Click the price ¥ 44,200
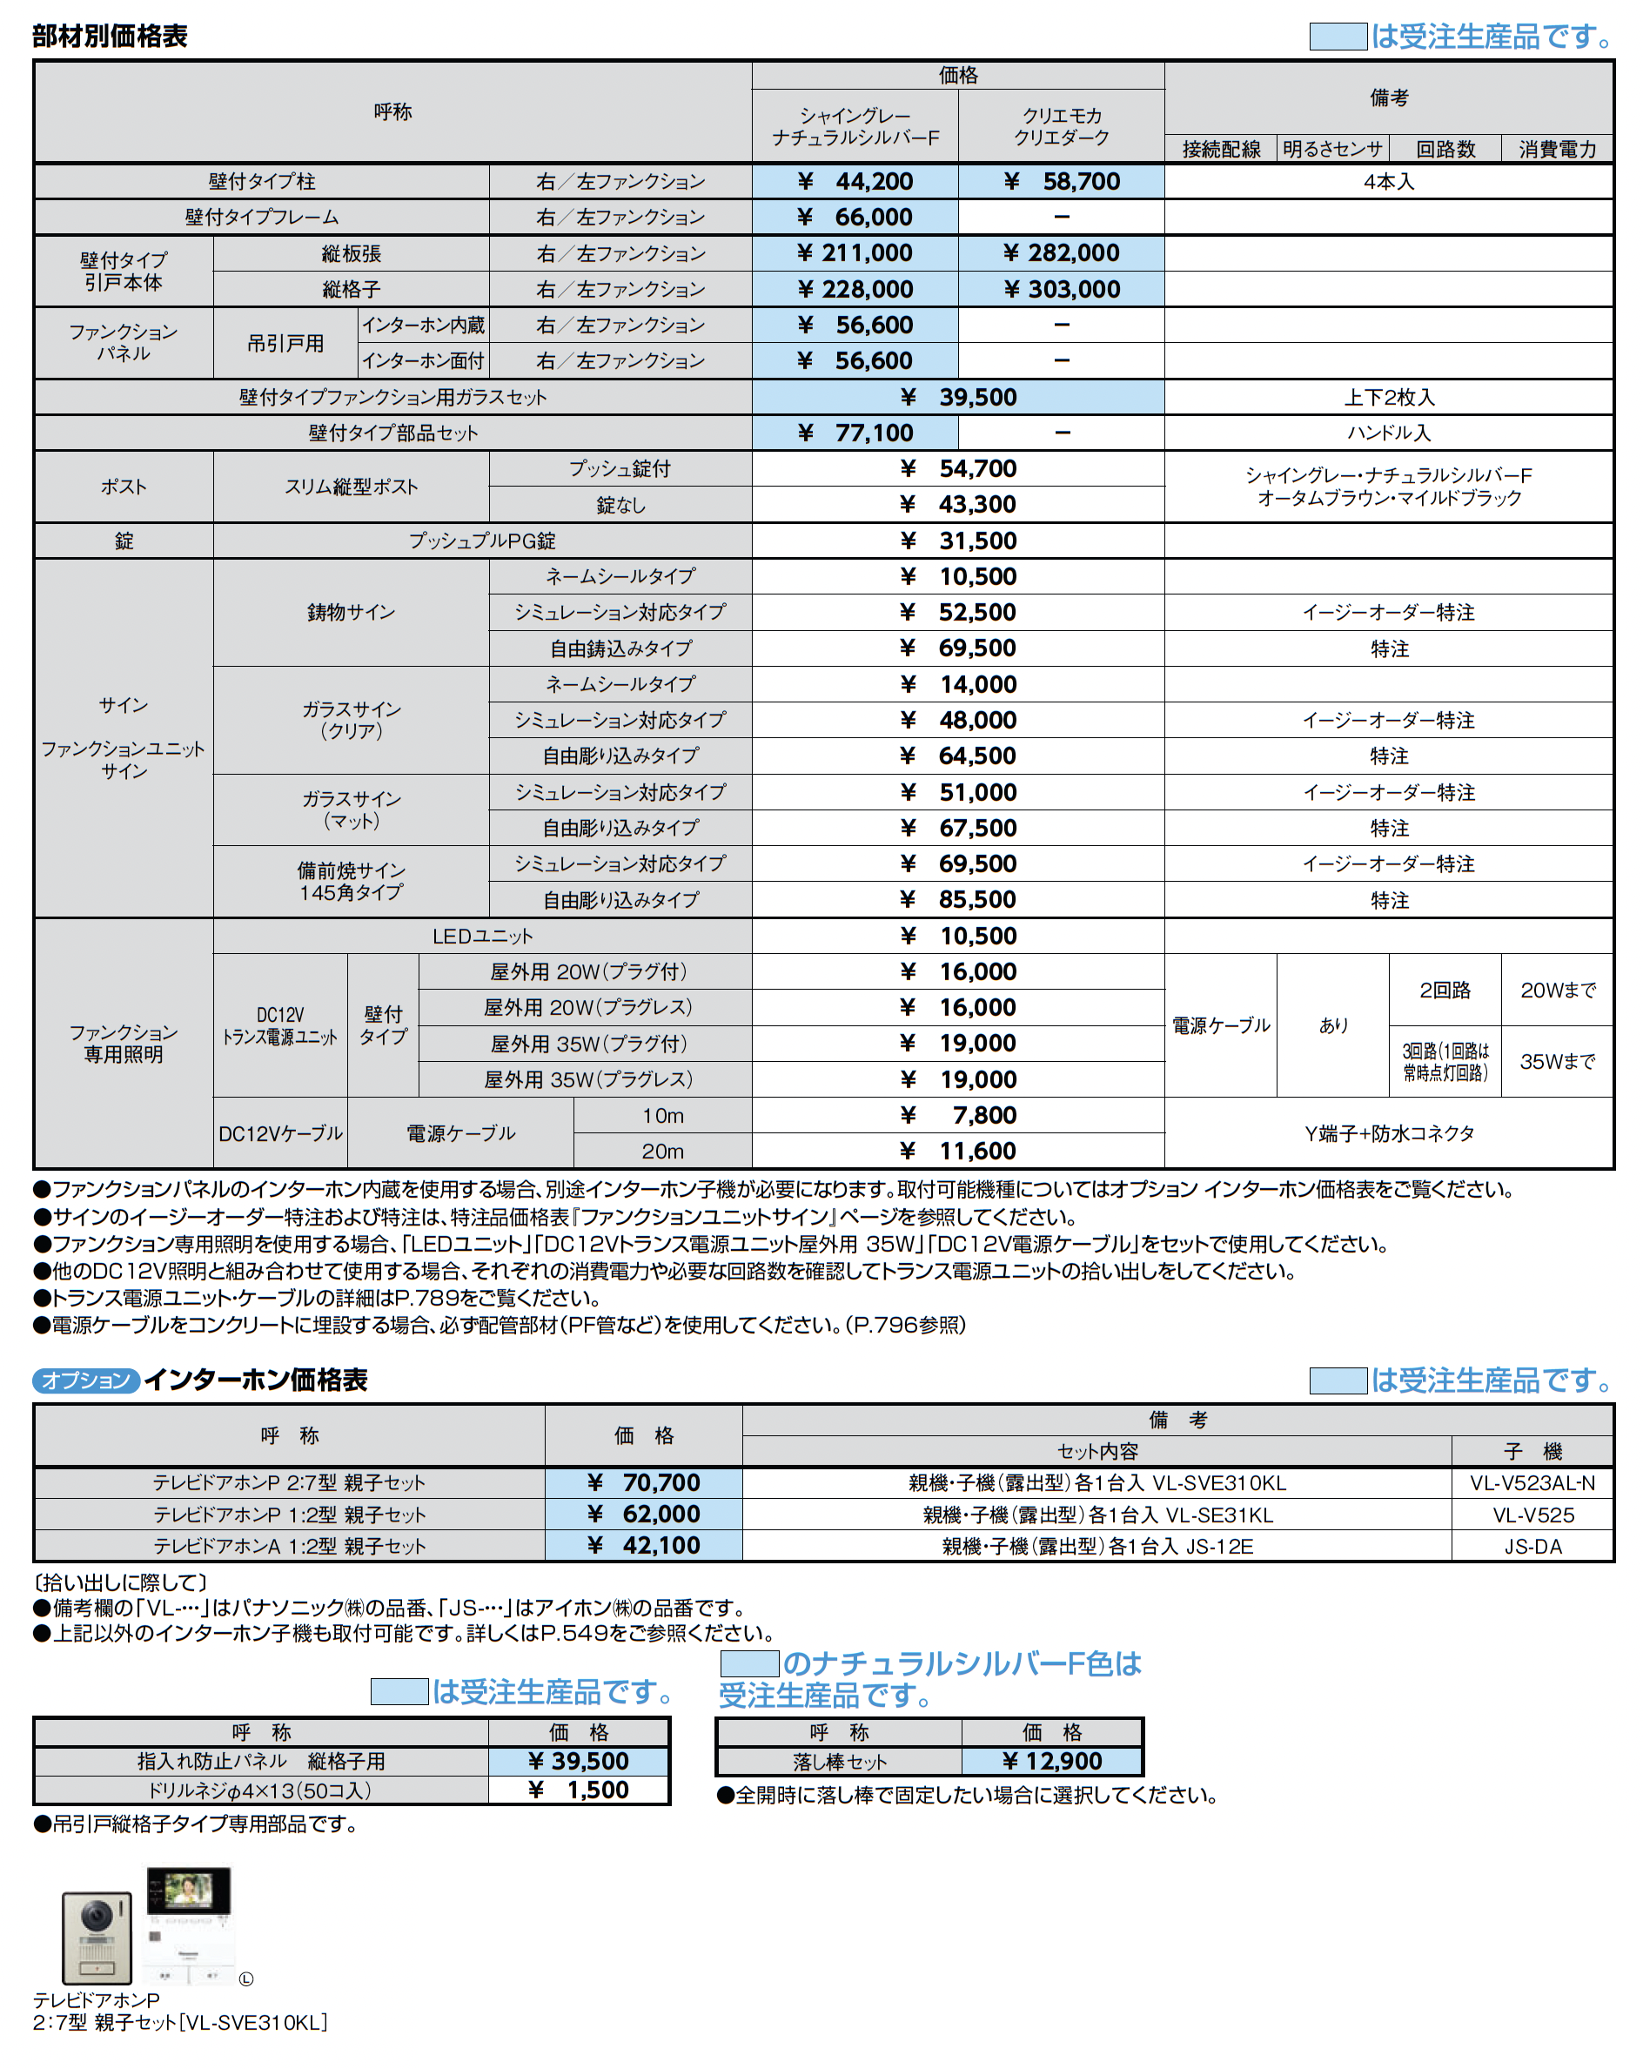(855, 181)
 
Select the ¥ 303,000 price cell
(1061, 289)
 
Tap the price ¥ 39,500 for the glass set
(958, 397)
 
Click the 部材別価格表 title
(110, 37)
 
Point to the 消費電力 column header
(1557, 149)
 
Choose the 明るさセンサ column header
(1332, 149)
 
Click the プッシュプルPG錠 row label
(482, 541)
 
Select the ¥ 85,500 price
(958, 900)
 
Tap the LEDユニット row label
(482, 936)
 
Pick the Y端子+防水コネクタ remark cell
(1389, 1133)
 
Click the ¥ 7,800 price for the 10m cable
(958, 1115)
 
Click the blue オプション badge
(86, 1380)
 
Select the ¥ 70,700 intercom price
(644, 1482)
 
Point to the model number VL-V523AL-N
(1532, 1483)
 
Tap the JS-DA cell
(1532, 1546)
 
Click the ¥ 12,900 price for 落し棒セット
(1052, 1761)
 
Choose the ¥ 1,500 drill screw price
(580, 1790)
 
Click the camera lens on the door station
(96, 1916)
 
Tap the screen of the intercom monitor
(188, 1891)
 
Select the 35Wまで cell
(1557, 1061)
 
